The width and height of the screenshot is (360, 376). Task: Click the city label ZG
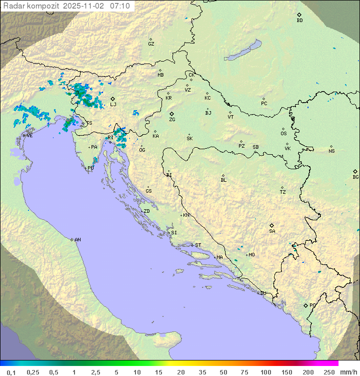[x=172, y=120]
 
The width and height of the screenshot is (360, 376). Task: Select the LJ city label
[x=113, y=105]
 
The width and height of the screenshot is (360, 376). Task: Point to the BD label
[x=299, y=21]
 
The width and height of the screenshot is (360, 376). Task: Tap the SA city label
[x=272, y=231]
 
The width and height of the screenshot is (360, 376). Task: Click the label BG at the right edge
[x=355, y=177]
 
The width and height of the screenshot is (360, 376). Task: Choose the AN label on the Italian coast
[x=77, y=240]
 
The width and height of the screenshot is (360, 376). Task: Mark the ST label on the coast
[x=198, y=245]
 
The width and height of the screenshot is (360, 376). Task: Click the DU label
[x=262, y=293]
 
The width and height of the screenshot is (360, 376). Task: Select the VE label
[x=29, y=136]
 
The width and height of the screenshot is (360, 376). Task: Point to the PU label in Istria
[x=90, y=168]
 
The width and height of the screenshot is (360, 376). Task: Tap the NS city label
[x=331, y=151]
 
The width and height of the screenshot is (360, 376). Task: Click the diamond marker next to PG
[x=305, y=305]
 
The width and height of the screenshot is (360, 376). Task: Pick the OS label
[x=283, y=134]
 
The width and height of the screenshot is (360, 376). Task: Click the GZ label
[x=151, y=44]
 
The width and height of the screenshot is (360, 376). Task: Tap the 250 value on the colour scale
[x=328, y=372]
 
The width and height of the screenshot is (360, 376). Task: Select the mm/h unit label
[x=348, y=372]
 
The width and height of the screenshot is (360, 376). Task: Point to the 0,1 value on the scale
[x=11, y=372]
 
